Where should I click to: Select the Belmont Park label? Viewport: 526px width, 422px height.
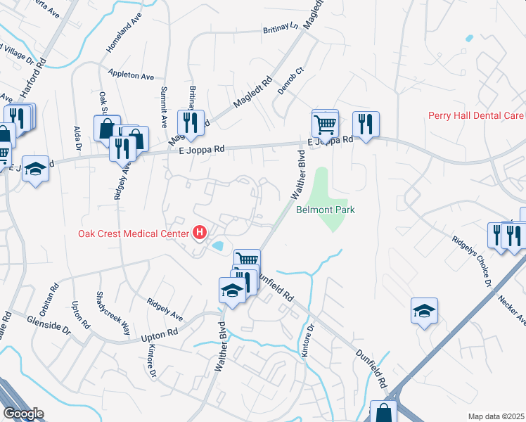pos(325,210)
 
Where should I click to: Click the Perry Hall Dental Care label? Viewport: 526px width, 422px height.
pos(475,115)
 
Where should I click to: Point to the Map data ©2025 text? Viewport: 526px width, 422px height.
pos(496,416)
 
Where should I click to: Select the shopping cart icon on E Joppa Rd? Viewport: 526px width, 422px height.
pos(325,124)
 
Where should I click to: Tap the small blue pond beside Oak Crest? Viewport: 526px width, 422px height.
pos(219,246)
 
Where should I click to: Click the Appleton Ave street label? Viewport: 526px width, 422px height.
pos(131,75)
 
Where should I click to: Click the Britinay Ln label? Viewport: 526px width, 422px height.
pos(281,29)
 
